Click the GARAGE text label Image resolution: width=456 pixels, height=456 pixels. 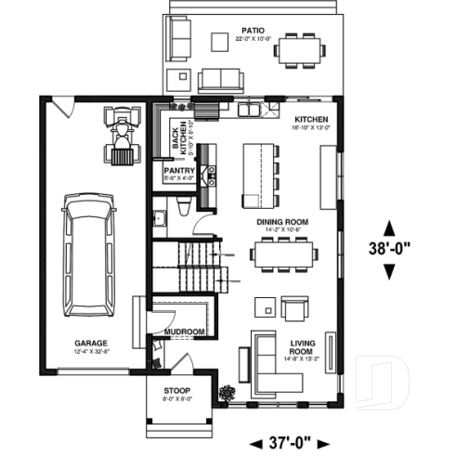pyautogui.click(x=91, y=343)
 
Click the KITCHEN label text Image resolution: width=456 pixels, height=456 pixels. pyautogui.click(x=312, y=120)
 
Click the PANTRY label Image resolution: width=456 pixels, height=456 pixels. pyautogui.click(x=177, y=171)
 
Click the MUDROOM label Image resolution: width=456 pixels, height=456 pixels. pyautogui.click(x=184, y=332)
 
